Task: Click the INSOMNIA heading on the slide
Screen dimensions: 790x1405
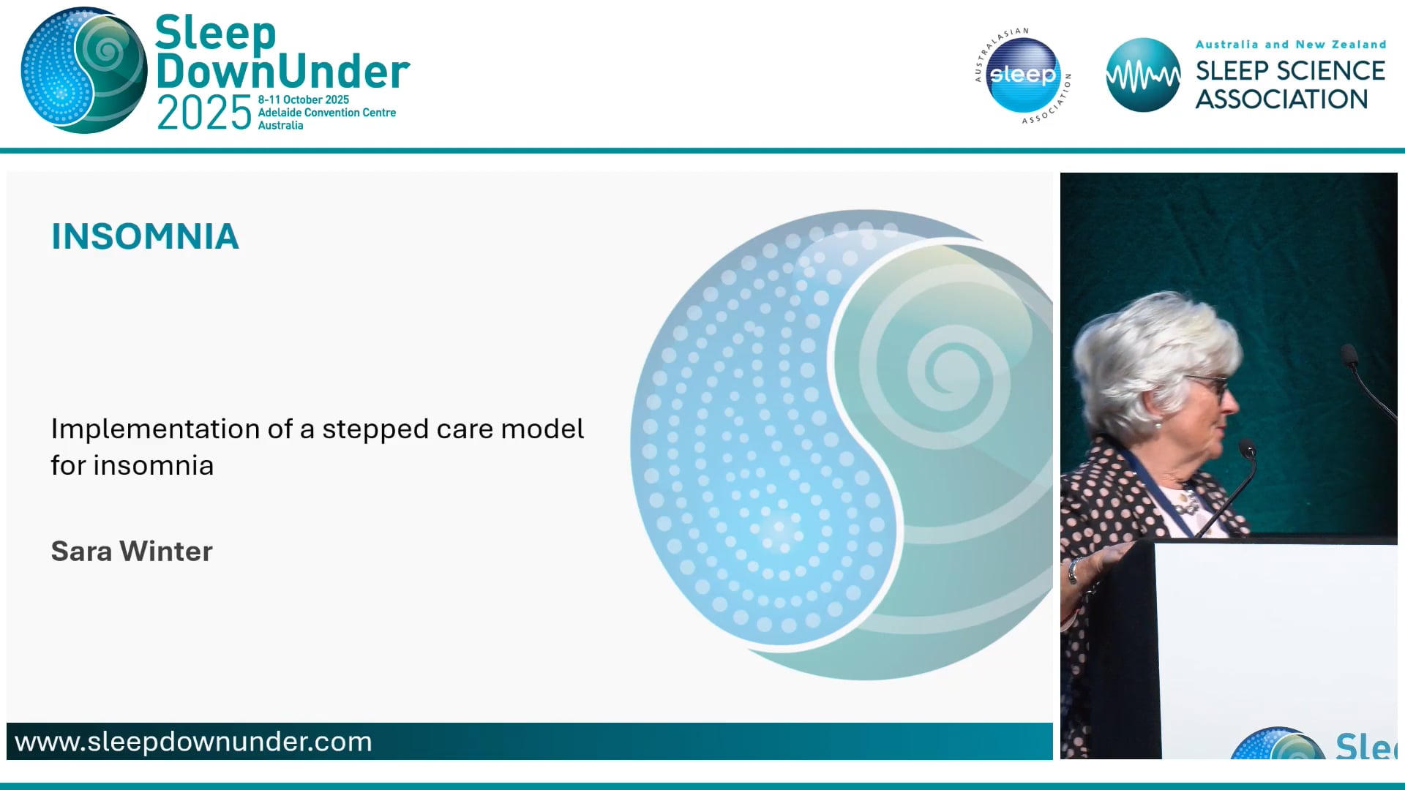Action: tap(145, 236)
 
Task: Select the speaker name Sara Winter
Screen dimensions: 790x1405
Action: tap(132, 551)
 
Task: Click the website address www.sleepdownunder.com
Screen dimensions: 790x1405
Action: tap(193, 742)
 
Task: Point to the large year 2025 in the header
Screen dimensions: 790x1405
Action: tap(204, 113)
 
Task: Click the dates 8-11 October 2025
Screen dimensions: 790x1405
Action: tap(303, 99)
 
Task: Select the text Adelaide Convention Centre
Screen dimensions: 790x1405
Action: tap(326, 113)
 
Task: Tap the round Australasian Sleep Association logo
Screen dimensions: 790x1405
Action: tap(1022, 75)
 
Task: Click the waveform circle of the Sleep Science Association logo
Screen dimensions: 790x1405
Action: tap(1142, 75)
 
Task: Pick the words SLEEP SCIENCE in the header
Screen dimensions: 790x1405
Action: tap(1290, 71)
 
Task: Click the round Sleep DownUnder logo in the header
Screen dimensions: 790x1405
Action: tap(84, 71)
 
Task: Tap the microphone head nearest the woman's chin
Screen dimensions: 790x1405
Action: tap(1247, 448)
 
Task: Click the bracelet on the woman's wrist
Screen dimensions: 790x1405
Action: tap(1073, 571)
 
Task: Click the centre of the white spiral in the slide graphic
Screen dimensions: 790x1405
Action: tap(953, 367)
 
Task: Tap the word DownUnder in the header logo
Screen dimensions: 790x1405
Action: tap(282, 72)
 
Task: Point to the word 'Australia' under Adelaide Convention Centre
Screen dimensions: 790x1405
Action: tap(280, 126)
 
